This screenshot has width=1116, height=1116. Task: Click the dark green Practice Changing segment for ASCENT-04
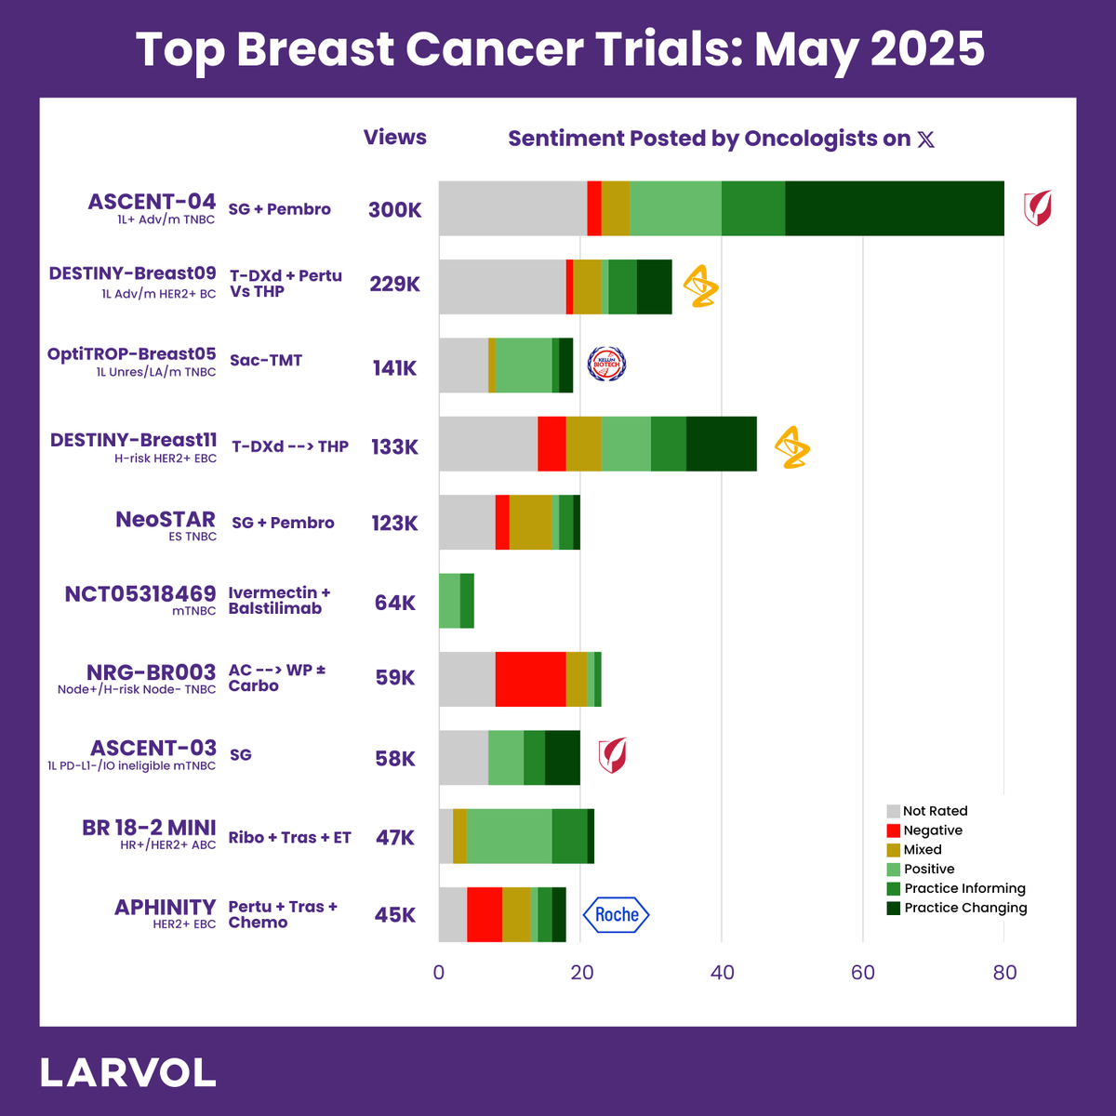[895, 208]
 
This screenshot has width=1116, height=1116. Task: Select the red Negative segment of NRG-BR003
[530, 679]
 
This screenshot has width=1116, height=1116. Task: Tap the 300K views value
[395, 210]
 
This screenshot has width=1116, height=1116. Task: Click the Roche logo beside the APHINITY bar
[616, 915]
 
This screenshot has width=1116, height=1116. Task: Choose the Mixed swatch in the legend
[894, 850]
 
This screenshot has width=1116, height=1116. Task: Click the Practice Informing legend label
[964, 888]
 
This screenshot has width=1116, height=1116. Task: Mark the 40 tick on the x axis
[722, 974]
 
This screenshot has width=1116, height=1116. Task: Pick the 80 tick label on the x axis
[1004, 974]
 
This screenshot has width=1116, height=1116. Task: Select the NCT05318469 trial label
[140, 593]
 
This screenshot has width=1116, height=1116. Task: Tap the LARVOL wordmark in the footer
[128, 1073]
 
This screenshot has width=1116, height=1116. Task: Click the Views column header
[395, 138]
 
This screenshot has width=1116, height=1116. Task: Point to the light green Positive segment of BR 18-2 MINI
[509, 836]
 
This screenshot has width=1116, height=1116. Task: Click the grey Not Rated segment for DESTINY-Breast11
[488, 444]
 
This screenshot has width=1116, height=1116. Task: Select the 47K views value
[395, 838]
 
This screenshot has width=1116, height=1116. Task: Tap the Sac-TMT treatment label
[266, 361]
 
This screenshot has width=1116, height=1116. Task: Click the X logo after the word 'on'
[925, 139]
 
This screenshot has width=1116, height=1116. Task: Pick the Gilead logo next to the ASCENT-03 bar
[612, 755]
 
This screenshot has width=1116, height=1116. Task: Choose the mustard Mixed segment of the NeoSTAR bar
[530, 523]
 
